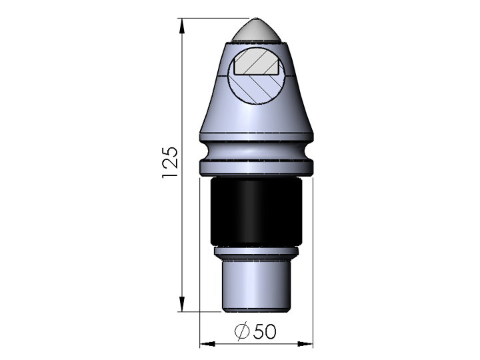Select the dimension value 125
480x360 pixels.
(x=170, y=162)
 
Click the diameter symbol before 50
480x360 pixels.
(x=243, y=331)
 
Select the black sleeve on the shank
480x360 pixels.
(x=256, y=213)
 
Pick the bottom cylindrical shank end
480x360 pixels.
(x=256, y=287)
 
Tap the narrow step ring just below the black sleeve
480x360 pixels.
(x=256, y=253)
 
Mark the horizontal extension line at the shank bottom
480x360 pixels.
(x=200, y=311)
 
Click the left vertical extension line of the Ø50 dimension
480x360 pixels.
(x=201, y=267)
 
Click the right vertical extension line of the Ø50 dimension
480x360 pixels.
(x=313, y=267)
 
